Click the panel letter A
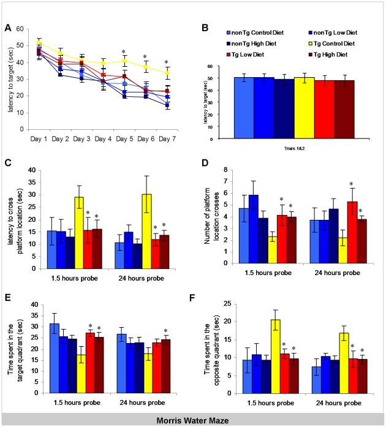coord(7,27)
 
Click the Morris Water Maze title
coord(193,420)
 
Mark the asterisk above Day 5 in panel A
coord(123,51)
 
